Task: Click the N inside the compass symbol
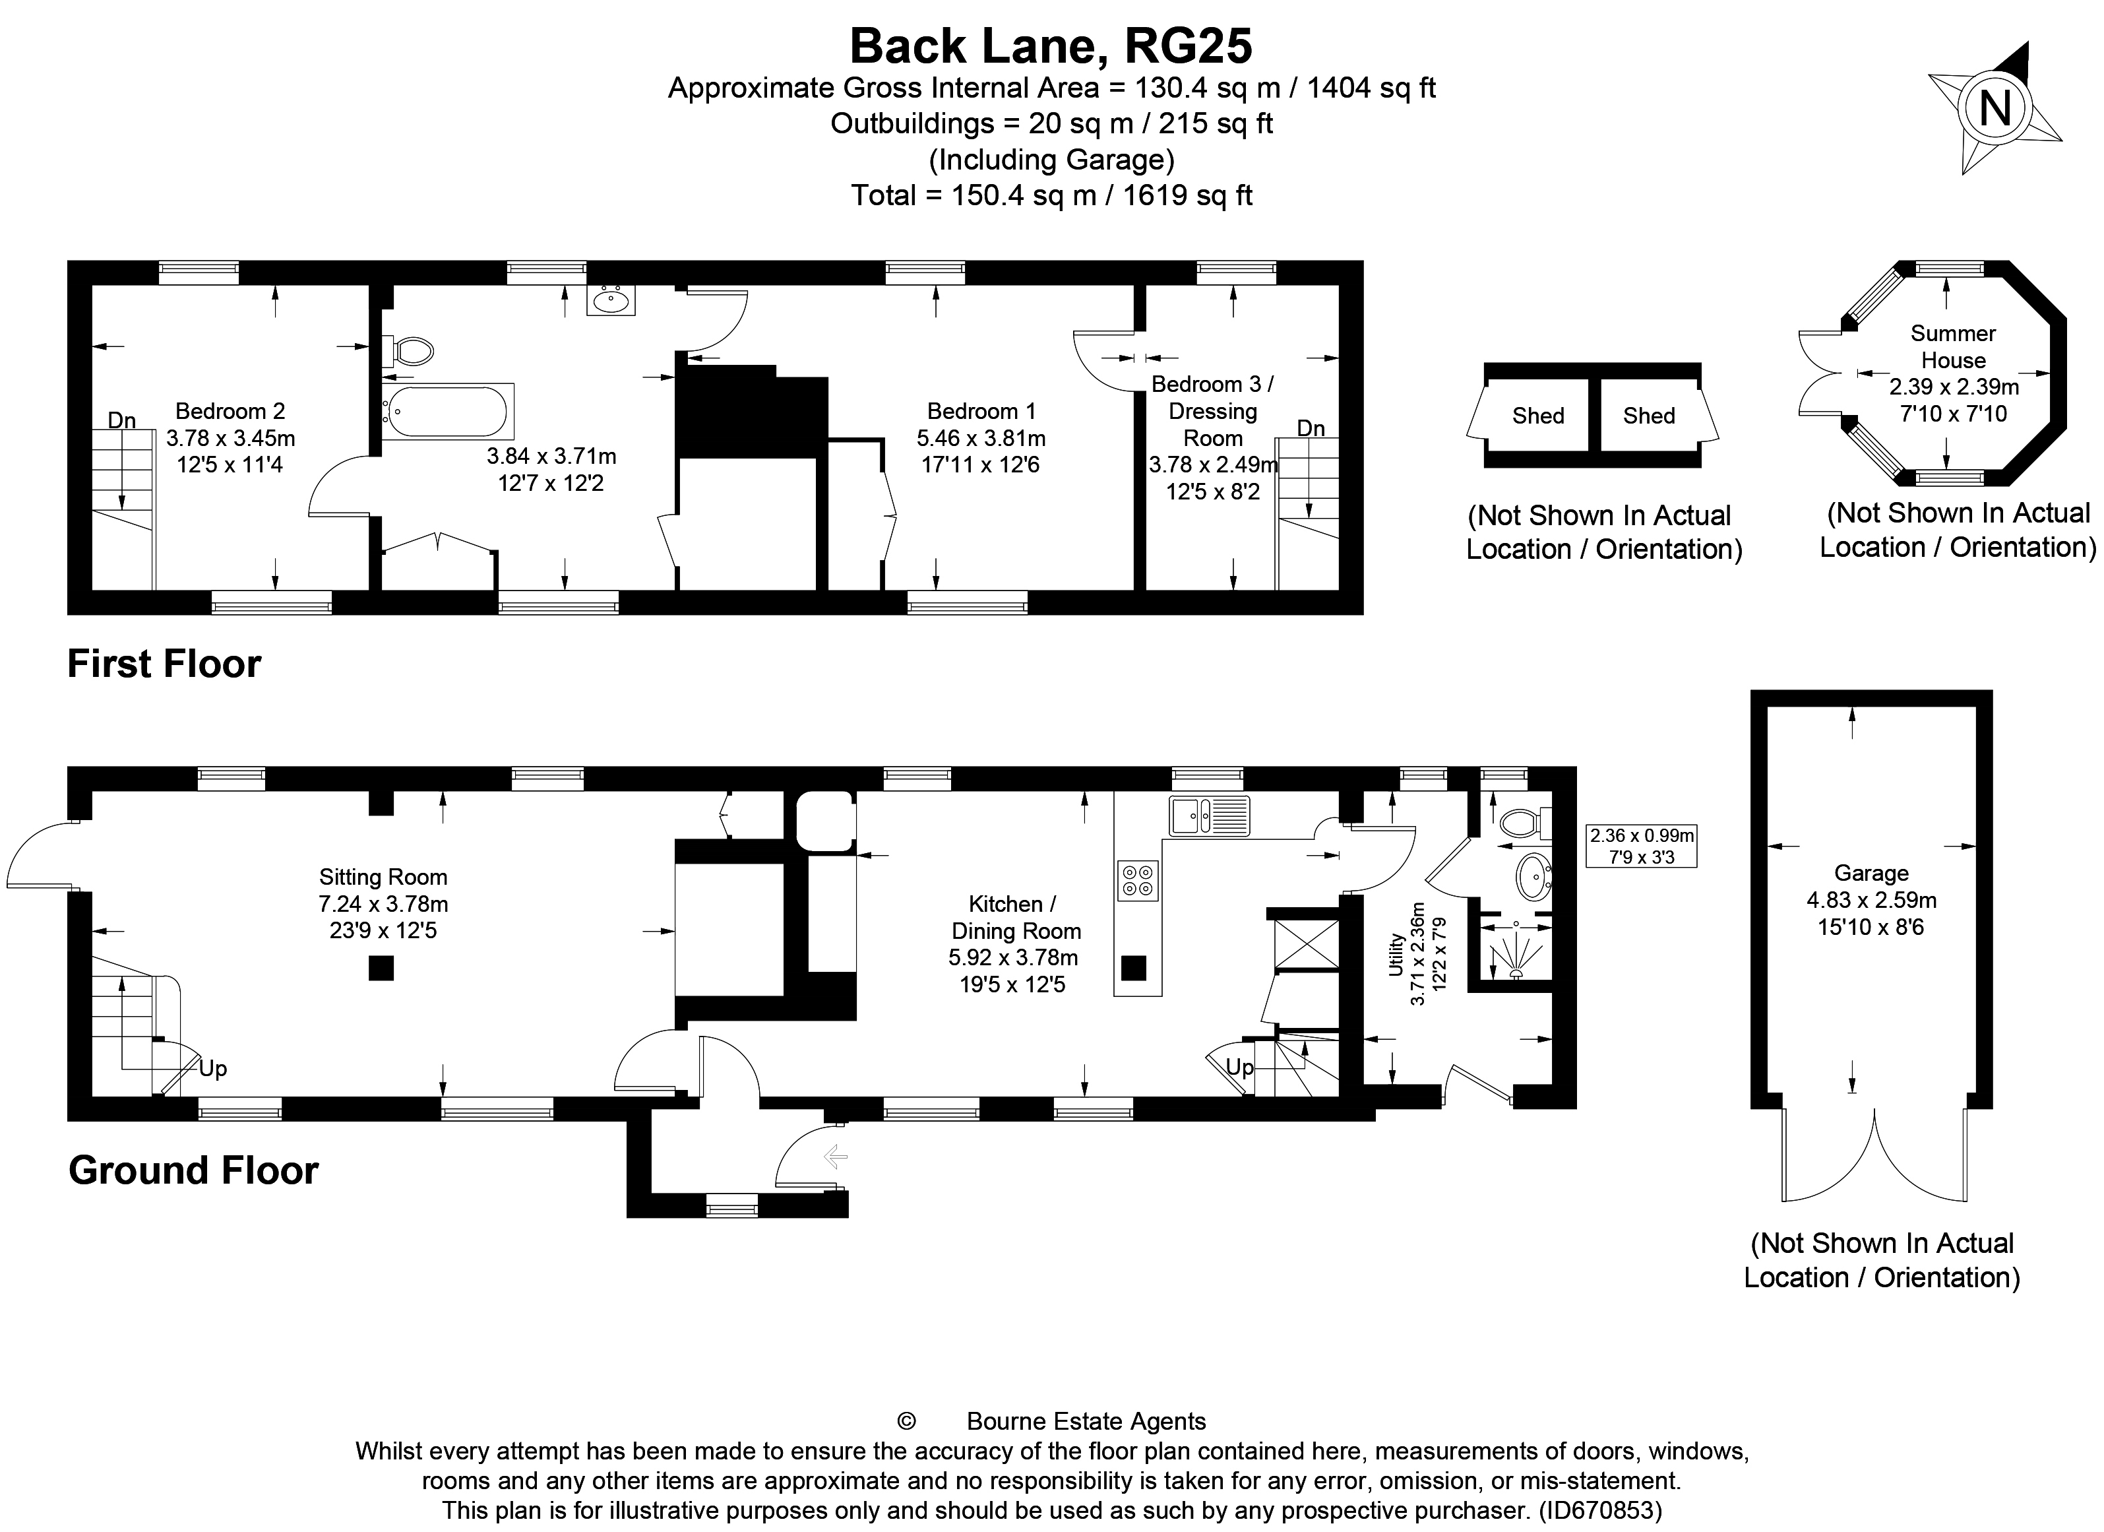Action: (x=1995, y=109)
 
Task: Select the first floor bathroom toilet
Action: (x=409, y=352)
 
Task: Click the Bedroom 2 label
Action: (x=230, y=411)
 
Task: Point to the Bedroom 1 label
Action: (x=981, y=411)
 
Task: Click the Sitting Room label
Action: (x=383, y=877)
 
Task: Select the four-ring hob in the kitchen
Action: (x=1138, y=881)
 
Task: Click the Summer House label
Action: (x=1953, y=346)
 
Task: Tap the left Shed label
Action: (x=1538, y=416)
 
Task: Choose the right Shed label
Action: (x=1648, y=416)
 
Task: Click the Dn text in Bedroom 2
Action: (x=121, y=420)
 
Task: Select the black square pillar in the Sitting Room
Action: (x=381, y=969)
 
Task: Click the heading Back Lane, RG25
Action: (x=1051, y=46)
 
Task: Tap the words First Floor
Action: (x=164, y=664)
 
